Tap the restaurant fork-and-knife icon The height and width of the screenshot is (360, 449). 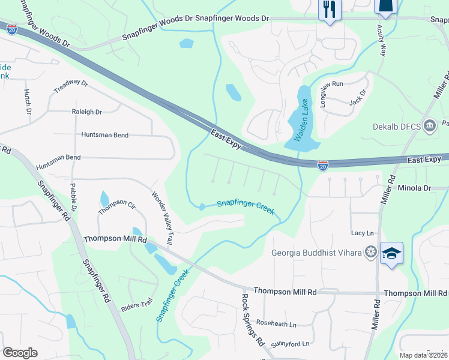[330, 9]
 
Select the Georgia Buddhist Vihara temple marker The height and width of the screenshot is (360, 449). [372, 252]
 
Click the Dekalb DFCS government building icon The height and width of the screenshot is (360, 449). [430, 125]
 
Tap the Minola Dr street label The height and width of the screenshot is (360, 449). [414, 188]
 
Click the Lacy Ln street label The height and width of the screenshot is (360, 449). [362, 233]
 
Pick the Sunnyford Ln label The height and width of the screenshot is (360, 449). [290, 344]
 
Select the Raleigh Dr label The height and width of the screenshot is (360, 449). [87, 112]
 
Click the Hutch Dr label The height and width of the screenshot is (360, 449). [28, 101]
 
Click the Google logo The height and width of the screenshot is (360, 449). [20, 353]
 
